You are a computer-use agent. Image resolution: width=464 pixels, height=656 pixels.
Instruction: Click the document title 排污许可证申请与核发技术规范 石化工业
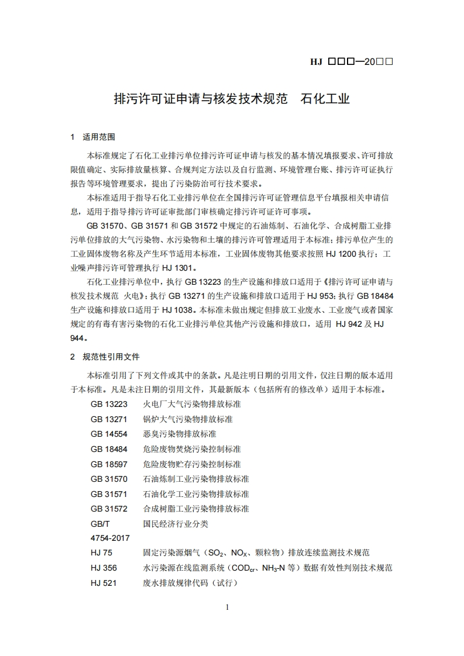tap(231, 99)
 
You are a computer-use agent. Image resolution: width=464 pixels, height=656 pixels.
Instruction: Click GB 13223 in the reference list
tap(109, 404)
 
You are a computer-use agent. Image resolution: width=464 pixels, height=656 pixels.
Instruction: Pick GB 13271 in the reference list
tap(109, 419)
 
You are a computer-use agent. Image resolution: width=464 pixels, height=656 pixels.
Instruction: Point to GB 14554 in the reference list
tap(109, 434)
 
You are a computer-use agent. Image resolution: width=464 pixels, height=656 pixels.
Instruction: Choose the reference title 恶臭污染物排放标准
tap(180, 434)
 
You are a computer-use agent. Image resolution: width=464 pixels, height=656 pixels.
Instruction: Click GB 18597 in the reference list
tap(109, 464)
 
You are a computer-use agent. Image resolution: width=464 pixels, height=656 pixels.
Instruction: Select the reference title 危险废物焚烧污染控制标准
tap(192, 449)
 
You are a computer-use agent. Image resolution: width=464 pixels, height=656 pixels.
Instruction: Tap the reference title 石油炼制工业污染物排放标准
tap(196, 479)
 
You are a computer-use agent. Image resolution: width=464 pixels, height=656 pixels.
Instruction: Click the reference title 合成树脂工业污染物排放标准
tap(196, 509)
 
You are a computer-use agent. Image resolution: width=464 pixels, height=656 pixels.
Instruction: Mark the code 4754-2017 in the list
tap(110, 538)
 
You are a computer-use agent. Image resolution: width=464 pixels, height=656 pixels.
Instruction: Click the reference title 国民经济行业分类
tap(176, 524)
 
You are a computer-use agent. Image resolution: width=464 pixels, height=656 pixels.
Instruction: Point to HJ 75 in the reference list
tap(101, 553)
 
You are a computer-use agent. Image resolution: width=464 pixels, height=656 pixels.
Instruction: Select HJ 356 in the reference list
tap(104, 568)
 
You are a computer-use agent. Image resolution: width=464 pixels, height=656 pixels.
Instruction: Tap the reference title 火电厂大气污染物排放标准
tap(192, 404)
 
